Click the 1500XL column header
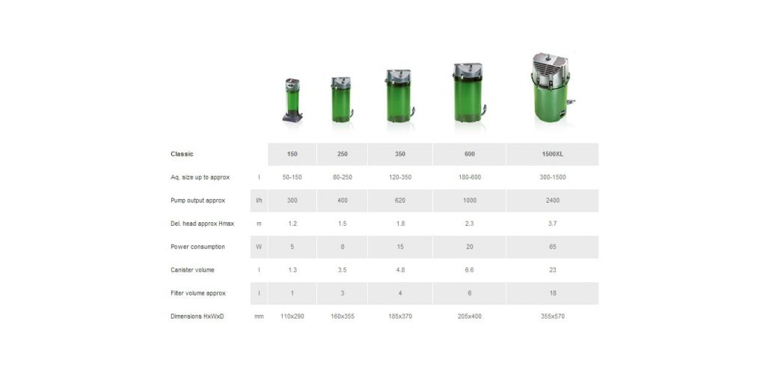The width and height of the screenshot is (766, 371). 552,154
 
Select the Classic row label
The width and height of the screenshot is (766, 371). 182,154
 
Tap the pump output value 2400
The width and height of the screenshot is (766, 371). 552,200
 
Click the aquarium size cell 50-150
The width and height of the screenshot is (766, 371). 292,177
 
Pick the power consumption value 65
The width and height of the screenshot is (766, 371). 552,247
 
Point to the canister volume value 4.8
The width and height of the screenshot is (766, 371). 399,270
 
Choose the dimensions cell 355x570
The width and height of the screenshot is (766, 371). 552,316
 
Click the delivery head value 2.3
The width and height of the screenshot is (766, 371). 469,224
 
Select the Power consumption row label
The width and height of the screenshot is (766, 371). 197,247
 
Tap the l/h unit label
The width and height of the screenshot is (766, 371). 259,200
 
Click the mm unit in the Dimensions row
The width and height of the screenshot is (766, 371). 259,316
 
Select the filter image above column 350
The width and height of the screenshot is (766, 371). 399,96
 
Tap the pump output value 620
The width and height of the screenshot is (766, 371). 399,200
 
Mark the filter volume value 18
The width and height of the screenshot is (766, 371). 552,293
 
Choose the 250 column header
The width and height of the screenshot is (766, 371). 342,154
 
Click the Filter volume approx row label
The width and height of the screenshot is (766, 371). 197,293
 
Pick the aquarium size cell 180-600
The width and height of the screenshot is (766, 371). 469,177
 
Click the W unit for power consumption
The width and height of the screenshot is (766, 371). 259,247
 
